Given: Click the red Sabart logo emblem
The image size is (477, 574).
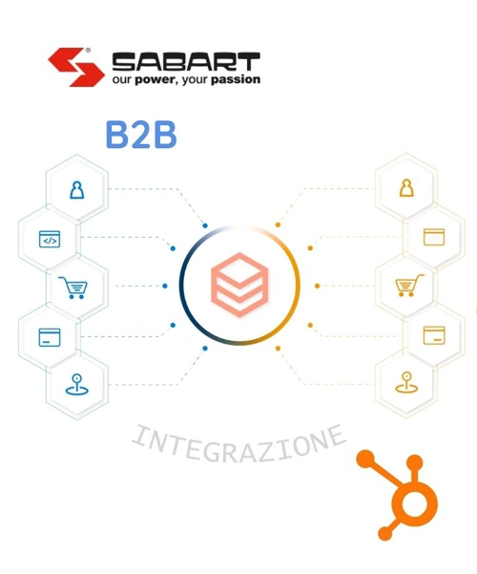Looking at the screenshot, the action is coord(75,67).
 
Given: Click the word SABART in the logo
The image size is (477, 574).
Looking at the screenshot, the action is coord(186,61).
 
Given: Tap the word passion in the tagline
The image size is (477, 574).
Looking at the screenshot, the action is coord(236,79).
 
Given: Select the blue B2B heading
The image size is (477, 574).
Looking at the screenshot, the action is coord(141,136).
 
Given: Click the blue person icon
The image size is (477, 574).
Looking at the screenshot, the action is coord(77,190).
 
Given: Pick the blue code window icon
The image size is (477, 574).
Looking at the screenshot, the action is coord(50,239).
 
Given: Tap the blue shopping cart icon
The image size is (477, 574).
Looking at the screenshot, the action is coord(73,287).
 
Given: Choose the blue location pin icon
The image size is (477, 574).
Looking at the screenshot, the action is coord(77,384).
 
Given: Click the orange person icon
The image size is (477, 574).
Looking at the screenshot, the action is coord(406,188).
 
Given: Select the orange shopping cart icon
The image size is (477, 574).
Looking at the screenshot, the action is coord(409,286).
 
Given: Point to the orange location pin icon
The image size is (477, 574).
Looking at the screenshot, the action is coord(406,383).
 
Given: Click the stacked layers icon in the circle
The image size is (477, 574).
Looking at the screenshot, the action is coord(239,285).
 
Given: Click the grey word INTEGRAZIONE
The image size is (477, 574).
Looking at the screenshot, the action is coord(238,444).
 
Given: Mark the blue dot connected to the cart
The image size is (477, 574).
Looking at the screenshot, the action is coord(165,286).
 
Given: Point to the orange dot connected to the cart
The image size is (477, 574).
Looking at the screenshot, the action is coord(317,286).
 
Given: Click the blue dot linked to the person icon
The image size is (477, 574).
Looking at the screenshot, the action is coord(205,225).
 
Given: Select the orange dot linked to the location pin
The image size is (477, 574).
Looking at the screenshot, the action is coord(278,349).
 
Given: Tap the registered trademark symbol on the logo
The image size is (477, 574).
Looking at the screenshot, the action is coord(88,51).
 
